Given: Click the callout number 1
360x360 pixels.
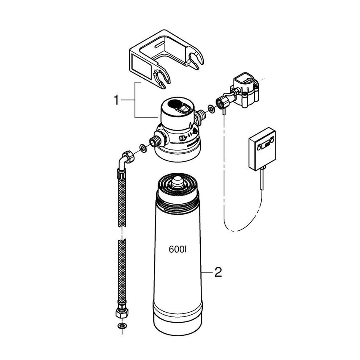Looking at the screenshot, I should (x=116, y=100).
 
